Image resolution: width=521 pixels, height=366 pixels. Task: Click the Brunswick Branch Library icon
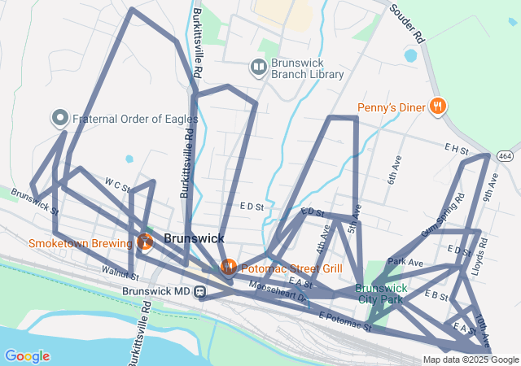coord(259,67)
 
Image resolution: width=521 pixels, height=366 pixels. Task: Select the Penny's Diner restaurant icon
coord(438,106)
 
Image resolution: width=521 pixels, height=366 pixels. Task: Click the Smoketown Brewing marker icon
coord(145,242)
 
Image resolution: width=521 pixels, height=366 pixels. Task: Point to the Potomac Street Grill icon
coord(229,267)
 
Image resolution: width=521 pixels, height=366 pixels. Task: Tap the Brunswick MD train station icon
coord(200,291)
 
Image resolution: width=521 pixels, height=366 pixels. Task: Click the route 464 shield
coord(506,155)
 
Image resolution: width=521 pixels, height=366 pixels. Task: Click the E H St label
coord(457,148)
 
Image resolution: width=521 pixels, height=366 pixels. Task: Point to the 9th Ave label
coord(491,186)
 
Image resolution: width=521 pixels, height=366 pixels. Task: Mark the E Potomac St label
coord(344,321)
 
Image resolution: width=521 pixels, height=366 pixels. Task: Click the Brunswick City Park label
coord(381,294)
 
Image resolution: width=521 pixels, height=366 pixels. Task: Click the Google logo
coord(27,356)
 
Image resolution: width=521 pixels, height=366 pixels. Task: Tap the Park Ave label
coord(405,263)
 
